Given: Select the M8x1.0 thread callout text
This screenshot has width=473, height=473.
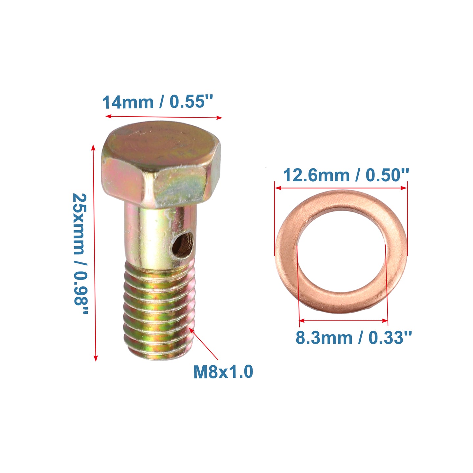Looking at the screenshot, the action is pyautogui.click(x=223, y=372).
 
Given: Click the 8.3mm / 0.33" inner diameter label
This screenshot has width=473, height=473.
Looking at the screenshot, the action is pyautogui.click(x=353, y=338).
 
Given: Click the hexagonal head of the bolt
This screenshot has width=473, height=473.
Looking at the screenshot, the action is pyautogui.click(x=161, y=165).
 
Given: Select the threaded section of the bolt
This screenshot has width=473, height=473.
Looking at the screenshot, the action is pyautogui.click(x=160, y=309).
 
